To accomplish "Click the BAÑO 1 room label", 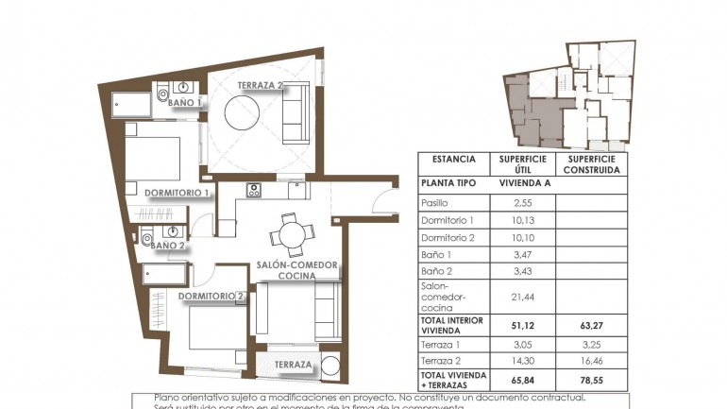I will [185, 102].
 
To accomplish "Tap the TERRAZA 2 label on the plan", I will [261, 86].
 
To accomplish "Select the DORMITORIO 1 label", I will [177, 193].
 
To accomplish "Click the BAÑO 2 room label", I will [168, 246].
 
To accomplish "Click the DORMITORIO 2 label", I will [212, 297].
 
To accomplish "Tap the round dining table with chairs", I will [289, 232].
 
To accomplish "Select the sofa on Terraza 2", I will [296, 113].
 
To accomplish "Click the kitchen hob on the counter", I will [254, 190].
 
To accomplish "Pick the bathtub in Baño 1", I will [131, 103].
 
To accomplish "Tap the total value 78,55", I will [591, 381].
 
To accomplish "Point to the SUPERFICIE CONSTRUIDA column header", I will [591, 164].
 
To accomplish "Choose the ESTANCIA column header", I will [453, 160].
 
